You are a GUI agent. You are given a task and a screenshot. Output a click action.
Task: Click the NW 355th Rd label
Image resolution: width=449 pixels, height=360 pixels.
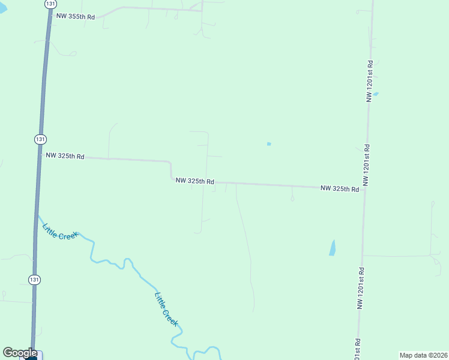pyautogui.click(x=76, y=17)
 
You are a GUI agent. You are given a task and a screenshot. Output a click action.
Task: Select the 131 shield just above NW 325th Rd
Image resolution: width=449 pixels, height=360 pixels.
pyautogui.click(x=40, y=139)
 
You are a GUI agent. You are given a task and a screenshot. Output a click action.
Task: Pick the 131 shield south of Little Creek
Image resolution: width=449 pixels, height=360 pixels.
pyautogui.click(x=35, y=279)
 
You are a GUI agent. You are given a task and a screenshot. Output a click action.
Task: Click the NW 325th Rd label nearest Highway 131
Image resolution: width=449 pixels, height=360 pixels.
pyautogui.click(x=65, y=156)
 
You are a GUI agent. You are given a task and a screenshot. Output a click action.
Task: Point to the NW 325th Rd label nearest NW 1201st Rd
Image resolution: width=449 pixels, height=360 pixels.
pyautogui.click(x=340, y=188)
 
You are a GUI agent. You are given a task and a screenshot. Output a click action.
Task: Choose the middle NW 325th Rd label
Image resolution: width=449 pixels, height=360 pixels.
pyautogui.click(x=195, y=181)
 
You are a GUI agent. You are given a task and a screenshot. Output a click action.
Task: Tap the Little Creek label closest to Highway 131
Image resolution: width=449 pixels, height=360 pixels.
pyautogui.click(x=59, y=232)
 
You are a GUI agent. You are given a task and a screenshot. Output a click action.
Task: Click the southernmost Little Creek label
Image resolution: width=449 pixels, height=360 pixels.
pyautogui.click(x=166, y=308)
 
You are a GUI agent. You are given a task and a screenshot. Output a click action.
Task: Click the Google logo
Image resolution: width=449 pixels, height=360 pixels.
pyautogui.click(x=20, y=353)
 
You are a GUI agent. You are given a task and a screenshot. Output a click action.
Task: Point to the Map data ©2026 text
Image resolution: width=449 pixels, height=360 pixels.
pyautogui.click(x=423, y=355)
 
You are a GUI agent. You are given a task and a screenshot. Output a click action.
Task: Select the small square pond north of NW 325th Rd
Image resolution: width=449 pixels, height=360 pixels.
pyautogui.click(x=269, y=144)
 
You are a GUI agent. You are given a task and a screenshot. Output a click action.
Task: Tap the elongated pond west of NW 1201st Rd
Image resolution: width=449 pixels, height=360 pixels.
pyautogui.click(x=333, y=247)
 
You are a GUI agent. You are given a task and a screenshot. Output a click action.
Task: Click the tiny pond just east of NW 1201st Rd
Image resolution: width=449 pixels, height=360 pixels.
pyautogui.click(x=376, y=94)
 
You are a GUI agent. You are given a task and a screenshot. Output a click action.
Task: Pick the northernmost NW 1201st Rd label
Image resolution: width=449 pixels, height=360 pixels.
pyautogui.click(x=370, y=80)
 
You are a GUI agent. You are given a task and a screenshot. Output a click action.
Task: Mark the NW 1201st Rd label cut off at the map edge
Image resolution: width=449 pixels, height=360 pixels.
pyautogui.click(x=357, y=350)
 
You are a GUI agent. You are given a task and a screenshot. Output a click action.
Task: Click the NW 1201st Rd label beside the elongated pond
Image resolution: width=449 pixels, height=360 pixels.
pyautogui.click(x=361, y=287)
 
